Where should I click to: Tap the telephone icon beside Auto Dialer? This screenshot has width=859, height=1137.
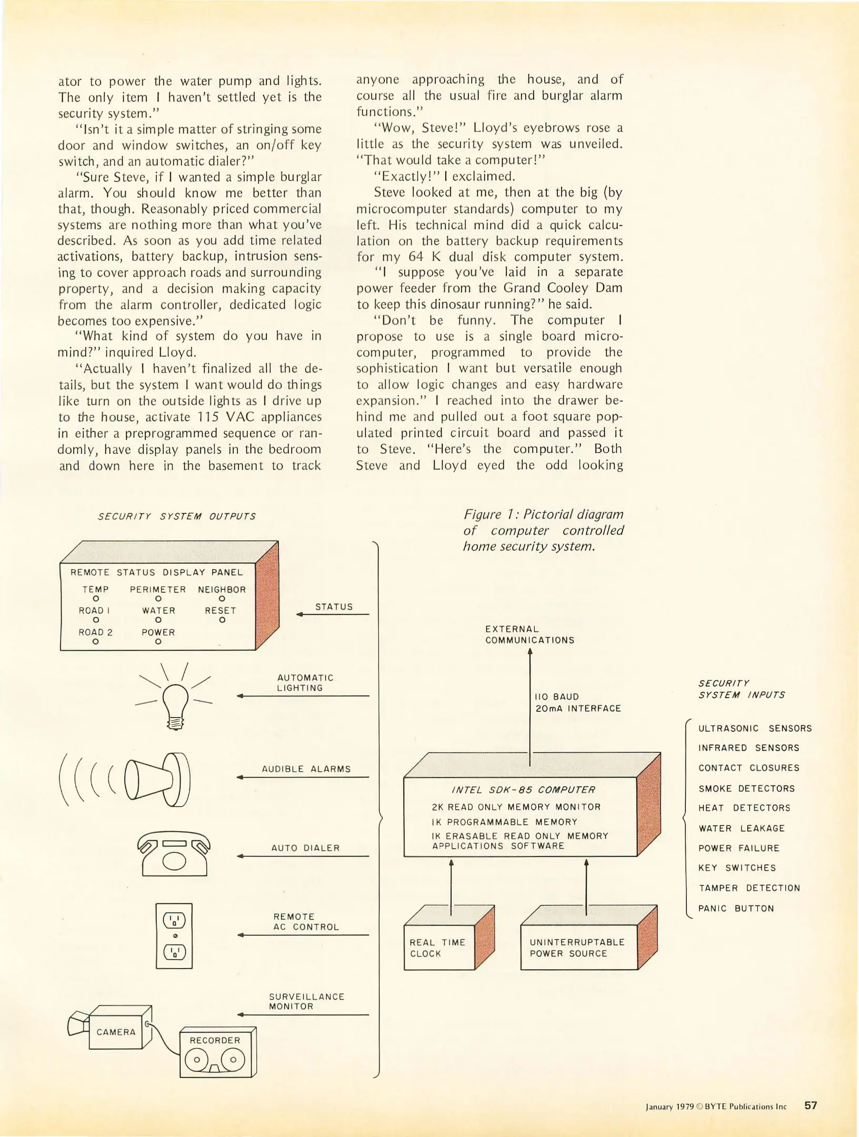[174, 853]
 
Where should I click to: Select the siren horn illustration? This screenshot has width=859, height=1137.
[158, 780]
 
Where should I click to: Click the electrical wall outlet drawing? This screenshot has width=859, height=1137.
[174, 936]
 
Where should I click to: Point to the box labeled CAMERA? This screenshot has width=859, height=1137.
[116, 1032]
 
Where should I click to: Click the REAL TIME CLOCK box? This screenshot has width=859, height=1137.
[439, 948]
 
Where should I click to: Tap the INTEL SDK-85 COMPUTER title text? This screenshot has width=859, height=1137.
[523, 790]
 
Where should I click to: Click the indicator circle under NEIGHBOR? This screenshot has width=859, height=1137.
[222, 599]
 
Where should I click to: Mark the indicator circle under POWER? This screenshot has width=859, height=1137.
[158, 642]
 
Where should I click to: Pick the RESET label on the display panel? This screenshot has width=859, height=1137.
[221, 611]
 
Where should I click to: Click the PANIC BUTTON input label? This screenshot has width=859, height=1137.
[736, 909]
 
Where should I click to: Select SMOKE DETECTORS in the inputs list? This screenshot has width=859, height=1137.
[746, 789]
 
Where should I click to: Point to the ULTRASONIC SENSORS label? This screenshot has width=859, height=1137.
[755, 729]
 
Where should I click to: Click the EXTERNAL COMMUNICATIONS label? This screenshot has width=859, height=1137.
[530, 635]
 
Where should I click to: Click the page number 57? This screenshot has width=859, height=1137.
[811, 1105]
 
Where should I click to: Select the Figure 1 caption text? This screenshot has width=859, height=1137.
[543, 530]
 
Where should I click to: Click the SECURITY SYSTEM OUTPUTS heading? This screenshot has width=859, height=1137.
[177, 516]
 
